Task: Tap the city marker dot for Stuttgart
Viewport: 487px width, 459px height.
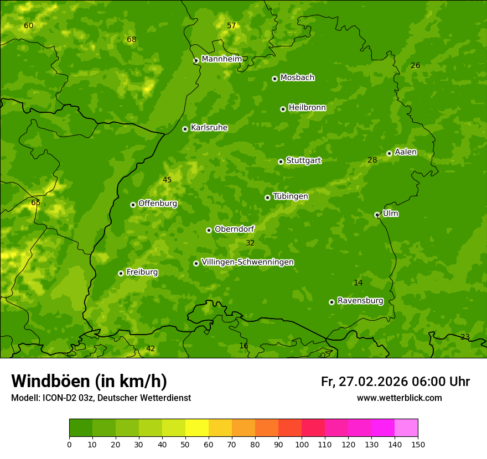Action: point(281,161)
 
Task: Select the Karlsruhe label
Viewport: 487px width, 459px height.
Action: point(209,128)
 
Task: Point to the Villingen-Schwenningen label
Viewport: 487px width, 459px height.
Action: point(247,262)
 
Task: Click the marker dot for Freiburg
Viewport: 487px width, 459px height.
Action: point(121,273)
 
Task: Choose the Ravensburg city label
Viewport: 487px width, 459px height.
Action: point(360,301)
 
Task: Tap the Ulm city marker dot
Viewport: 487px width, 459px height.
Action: point(377,215)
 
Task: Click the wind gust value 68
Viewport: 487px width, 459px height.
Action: point(131,39)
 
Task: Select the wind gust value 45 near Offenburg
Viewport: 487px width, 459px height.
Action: point(167,180)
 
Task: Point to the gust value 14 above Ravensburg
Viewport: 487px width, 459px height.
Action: point(358,283)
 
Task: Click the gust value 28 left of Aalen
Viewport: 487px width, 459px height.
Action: point(372,160)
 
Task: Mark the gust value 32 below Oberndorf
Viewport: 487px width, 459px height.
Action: point(250,243)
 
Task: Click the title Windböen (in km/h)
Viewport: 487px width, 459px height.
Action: point(89,381)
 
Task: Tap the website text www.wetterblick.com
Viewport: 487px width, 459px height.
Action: point(399,398)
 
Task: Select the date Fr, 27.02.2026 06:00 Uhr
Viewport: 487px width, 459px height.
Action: point(395,382)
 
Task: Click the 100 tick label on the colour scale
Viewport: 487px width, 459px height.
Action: point(302,445)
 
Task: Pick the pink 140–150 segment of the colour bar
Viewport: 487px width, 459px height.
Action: point(406,428)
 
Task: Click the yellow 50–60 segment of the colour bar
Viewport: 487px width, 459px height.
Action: point(197,428)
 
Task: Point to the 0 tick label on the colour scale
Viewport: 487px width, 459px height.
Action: point(69,445)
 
